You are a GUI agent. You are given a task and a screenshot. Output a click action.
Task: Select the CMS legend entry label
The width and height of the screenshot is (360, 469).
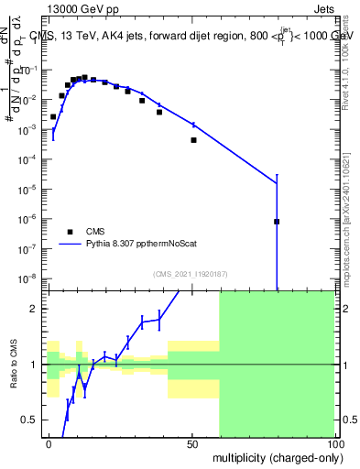click(x=96, y=232)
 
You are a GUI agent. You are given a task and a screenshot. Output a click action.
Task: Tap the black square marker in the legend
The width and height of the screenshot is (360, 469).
click(x=70, y=232)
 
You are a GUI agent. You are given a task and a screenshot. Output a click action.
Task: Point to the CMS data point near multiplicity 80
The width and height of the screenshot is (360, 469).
click(x=277, y=222)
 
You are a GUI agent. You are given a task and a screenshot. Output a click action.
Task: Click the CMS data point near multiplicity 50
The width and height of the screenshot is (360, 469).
click(x=193, y=140)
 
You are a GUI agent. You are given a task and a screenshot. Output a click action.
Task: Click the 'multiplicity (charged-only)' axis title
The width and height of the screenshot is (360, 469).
click(x=274, y=457)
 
